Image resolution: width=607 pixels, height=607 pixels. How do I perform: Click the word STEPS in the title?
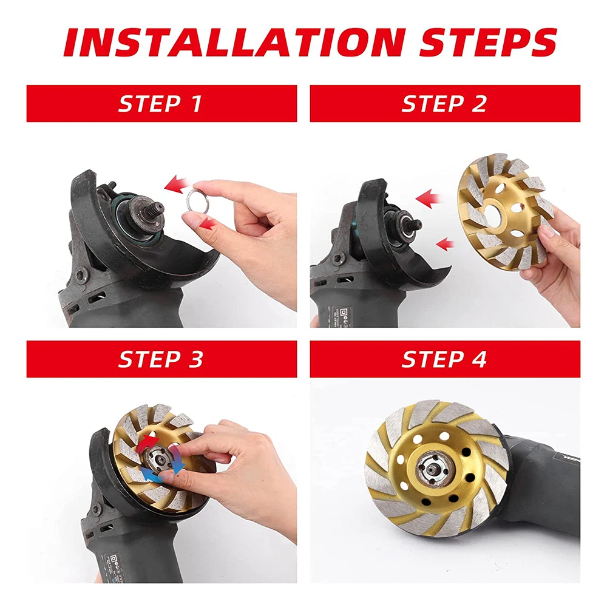tap(489, 42)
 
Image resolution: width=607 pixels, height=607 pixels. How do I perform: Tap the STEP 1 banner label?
tap(160, 104)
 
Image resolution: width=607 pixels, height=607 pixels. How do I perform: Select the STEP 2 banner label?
tap(444, 104)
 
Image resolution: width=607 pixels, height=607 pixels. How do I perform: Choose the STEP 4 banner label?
tap(444, 359)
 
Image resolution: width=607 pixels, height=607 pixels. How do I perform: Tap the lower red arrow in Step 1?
tap(208, 223)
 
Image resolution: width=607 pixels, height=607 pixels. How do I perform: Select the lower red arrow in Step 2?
tap(445, 244)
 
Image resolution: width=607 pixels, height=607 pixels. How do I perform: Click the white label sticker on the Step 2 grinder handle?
tap(339, 316)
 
